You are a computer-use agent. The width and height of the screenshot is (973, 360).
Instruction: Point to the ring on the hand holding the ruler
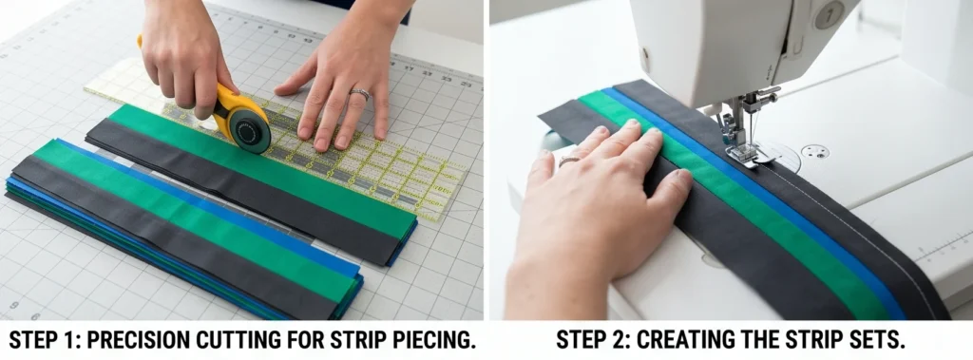coord(360,94)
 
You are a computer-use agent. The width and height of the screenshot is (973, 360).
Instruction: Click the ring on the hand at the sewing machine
coord(568,161)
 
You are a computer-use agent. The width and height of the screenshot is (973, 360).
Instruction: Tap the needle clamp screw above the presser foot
coord(767,94)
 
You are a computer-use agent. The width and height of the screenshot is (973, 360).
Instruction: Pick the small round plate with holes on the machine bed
coord(814,151)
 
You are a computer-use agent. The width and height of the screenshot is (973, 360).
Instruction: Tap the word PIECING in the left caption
coord(429,340)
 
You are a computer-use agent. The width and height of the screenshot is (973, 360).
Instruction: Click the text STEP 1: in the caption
coord(45,340)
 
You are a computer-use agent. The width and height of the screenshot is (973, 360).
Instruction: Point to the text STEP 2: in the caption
coord(594,340)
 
